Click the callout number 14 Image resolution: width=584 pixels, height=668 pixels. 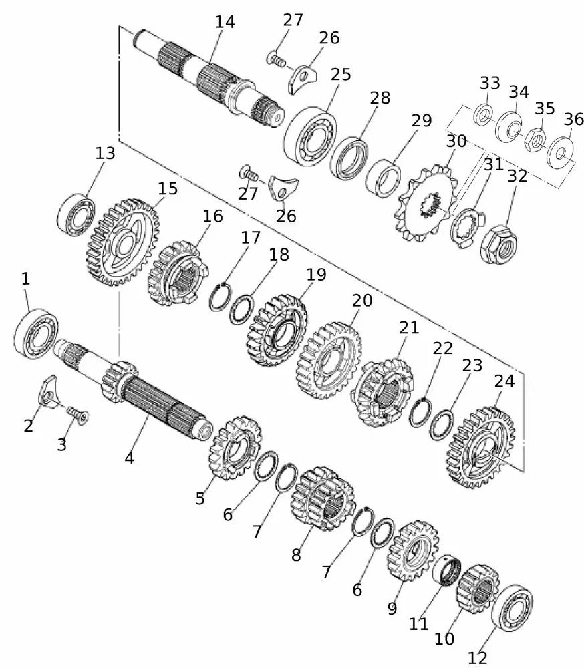tap(225, 22)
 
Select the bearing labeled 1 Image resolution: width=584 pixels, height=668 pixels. tap(35, 332)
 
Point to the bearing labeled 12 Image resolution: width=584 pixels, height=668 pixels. tap(515, 609)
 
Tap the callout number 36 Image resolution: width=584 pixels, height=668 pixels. tap(573, 120)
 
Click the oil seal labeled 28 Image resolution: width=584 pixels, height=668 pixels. tap(349, 158)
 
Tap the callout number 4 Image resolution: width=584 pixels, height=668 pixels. tap(129, 458)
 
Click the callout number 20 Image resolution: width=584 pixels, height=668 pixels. tap(361, 301)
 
